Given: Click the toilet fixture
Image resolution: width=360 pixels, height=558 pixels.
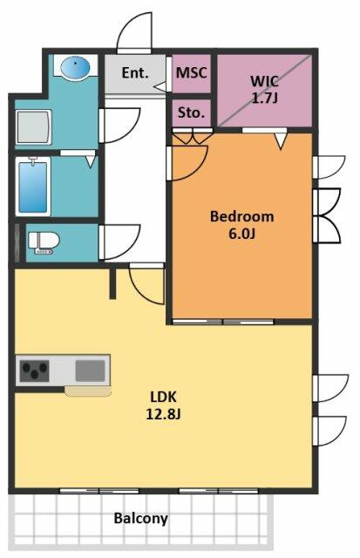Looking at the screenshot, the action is click(x=44, y=242).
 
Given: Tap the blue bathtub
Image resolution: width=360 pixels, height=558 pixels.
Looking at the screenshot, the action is click(x=33, y=187).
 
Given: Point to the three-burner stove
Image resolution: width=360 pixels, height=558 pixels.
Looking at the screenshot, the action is click(x=34, y=371).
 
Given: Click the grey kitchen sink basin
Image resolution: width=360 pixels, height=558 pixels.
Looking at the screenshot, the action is click(x=91, y=371).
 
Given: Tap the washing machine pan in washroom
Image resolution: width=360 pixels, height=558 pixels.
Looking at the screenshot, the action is click(x=34, y=127).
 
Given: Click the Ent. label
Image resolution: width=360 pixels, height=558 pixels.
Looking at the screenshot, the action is click(x=135, y=73).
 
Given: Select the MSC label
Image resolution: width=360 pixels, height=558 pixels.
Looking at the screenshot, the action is click(x=192, y=73).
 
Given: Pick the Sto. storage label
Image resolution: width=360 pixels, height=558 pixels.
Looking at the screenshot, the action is click(x=191, y=112).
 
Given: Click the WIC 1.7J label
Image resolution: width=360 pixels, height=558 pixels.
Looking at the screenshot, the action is click(x=264, y=89).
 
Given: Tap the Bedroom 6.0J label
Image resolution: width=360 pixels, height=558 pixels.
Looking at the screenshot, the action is click(x=242, y=225).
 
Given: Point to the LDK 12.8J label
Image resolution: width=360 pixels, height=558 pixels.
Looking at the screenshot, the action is click(x=163, y=405).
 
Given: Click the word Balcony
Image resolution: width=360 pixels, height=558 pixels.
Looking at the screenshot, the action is click(x=141, y=519).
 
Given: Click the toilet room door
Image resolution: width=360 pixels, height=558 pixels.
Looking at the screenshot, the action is click(x=119, y=242).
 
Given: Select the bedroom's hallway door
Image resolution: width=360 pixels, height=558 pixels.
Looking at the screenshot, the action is click(x=187, y=163).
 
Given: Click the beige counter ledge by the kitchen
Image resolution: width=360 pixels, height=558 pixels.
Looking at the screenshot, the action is click(x=88, y=391).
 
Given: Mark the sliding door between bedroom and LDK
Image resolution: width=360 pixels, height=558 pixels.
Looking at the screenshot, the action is click(x=223, y=322).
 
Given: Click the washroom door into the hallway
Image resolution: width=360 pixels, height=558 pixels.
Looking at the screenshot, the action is click(x=119, y=126).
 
